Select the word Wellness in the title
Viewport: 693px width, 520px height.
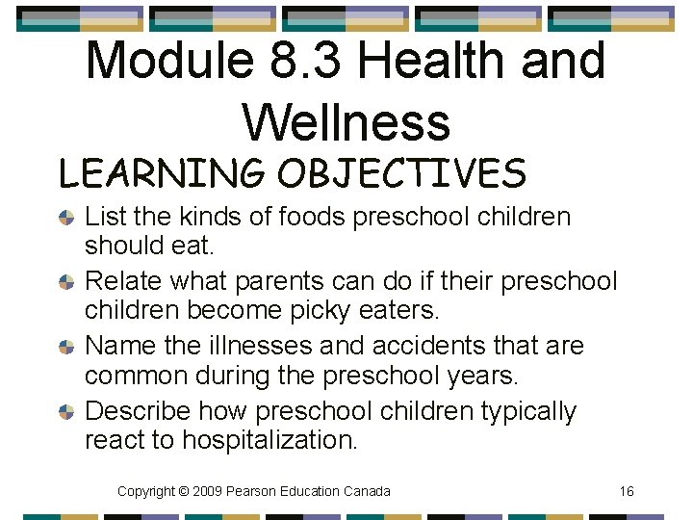click(x=346, y=122)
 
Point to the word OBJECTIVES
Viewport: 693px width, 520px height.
click(x=401, y=174)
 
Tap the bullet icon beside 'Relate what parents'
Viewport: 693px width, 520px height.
click(x=66, y=283)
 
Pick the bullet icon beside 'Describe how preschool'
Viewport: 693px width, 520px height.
click(x=66, y=411)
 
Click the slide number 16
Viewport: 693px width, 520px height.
click(x=627, y=491)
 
